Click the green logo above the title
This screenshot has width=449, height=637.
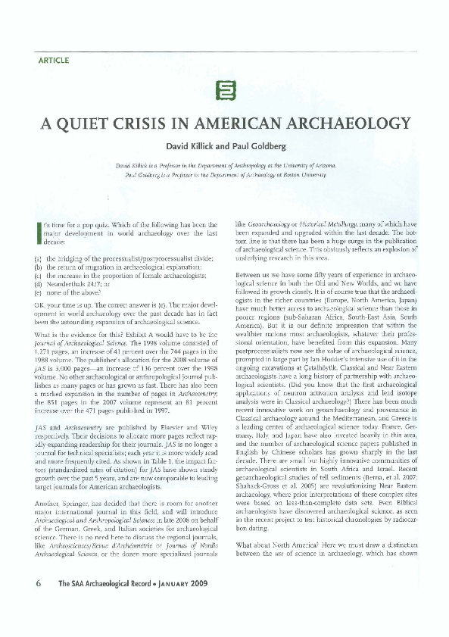(x=224, y=89)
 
